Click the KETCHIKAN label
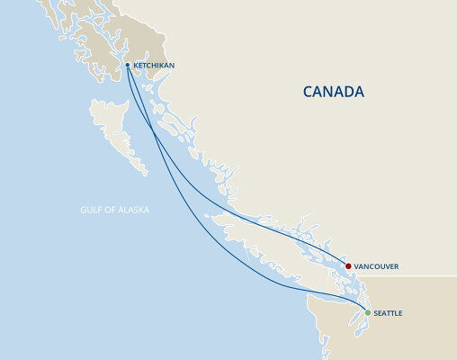point(154,66)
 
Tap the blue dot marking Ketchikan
point(128,66)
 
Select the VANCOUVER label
point(376,266)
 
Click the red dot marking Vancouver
point(348,266)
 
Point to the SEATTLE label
point(388,312)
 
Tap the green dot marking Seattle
point(367,312)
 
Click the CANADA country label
point(333,92)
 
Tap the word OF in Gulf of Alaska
point(108,210)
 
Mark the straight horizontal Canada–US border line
point(414,275)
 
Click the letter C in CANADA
point(308,92)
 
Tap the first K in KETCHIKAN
point(136,66)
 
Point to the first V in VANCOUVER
point(357,266)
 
